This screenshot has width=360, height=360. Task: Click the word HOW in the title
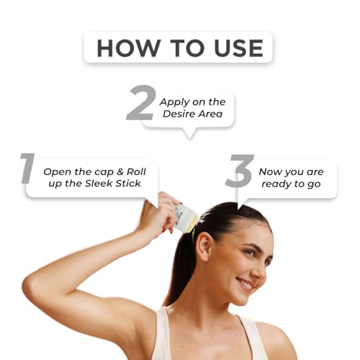(129, 48)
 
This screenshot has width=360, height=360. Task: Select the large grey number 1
(27, 168)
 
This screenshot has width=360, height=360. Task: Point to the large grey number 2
(142, 103)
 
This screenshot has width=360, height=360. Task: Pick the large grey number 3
(240, 171)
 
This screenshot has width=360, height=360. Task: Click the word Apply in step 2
(174, 102)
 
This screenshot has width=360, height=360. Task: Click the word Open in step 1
(58, 172)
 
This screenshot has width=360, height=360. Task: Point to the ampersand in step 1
(120, 171)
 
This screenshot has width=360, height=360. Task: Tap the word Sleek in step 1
(99, 184)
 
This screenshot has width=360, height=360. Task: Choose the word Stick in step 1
(128, 184)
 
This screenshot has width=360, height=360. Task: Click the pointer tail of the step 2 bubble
(190, 133)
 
